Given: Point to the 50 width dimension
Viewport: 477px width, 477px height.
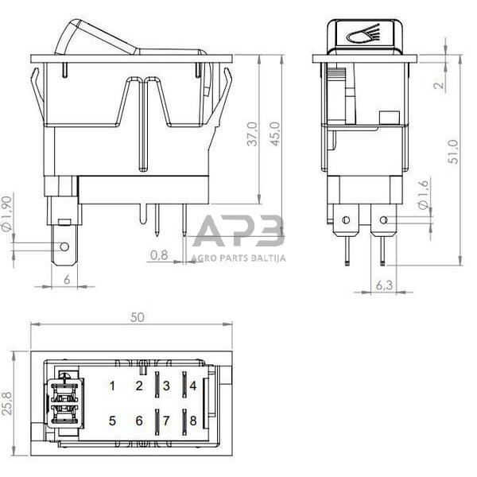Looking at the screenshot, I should [x=137, y=316].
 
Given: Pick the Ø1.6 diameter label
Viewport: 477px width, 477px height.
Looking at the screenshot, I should [x=423, y=194].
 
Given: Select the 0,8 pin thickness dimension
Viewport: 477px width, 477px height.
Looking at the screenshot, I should [x=159, y=255].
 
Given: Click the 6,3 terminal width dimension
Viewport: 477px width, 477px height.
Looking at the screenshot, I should [x=383, y=285].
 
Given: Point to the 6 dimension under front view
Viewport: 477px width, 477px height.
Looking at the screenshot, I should [x=66, y=280].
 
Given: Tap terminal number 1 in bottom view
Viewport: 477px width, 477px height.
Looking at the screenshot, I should [x=112, y=386].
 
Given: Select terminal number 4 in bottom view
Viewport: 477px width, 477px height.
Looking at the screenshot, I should [x=192, y=386].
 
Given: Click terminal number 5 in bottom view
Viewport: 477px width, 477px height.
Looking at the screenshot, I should [x=112, y=421].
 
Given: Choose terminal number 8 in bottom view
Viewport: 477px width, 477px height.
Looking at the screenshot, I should [x=192, y=421].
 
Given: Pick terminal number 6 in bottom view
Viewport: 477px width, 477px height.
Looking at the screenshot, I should [x=139, y=421].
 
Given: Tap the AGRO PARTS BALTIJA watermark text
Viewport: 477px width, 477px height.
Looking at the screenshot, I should [x=238, y=257].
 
